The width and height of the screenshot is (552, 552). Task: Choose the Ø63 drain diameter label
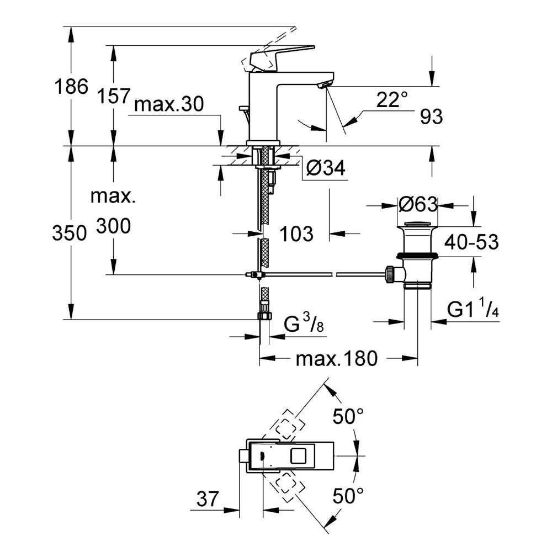pos(417,205)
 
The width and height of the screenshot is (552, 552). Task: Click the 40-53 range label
pos(473,242)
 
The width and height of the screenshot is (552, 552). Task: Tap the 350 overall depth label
pos(70,233)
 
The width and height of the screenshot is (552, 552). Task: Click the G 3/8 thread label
pos(304,324)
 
